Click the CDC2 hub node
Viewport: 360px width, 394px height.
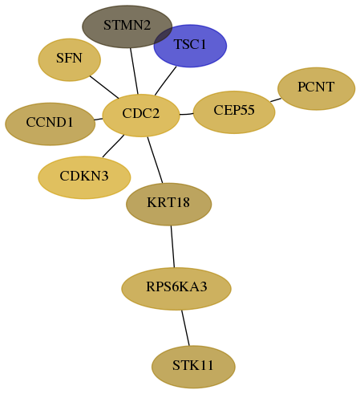pos(141,116)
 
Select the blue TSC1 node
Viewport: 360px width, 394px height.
pos(190,46)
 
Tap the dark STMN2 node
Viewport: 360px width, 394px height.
pos(127,26)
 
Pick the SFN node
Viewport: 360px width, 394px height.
pos(70,59)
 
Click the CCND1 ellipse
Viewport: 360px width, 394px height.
pos(50,124)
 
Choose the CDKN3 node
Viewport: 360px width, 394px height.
pos(84,177)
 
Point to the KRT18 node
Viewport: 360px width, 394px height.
pos(169,205)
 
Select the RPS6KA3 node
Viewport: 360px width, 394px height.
pos(176,289)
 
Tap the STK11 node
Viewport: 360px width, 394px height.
pos(193,367)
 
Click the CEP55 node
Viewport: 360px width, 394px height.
pos(234,112)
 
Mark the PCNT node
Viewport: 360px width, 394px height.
pos(317,89)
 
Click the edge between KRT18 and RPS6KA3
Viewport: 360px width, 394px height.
pos(172,246)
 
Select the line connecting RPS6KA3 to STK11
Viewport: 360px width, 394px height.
pos(185,328)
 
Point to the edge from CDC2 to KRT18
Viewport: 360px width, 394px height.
pos(155,160)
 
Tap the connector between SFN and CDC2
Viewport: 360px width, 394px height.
pos(104,87)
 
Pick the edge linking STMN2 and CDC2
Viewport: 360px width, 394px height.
pos(134,71)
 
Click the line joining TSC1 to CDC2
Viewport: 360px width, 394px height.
pos(165,81)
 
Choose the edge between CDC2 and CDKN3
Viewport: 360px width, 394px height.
pos(113,146)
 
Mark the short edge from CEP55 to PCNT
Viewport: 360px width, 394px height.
pos(276,100)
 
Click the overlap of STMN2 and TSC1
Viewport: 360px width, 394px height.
pos(164,35)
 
